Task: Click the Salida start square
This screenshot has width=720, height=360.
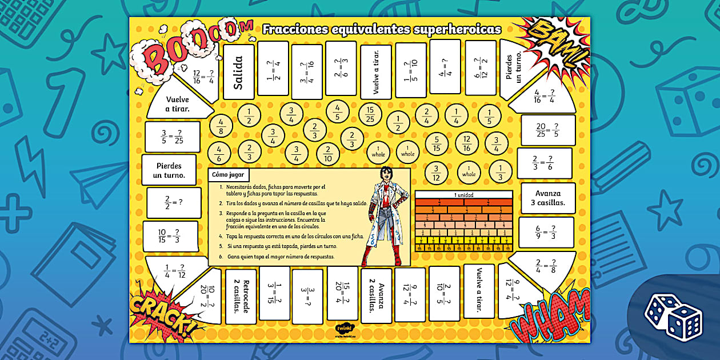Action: (x=238, y=72)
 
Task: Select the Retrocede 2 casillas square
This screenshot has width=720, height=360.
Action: (x=241, y=294)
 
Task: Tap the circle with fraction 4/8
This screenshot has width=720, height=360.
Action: (x=221, y=127)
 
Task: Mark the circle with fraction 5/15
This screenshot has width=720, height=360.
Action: (x=437, y=143)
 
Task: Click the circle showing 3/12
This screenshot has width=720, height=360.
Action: (x=437, y=173)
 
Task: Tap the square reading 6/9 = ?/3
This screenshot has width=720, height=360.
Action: (x=546, y=232)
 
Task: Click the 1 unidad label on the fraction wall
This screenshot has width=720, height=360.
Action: (x=463, y=195)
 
